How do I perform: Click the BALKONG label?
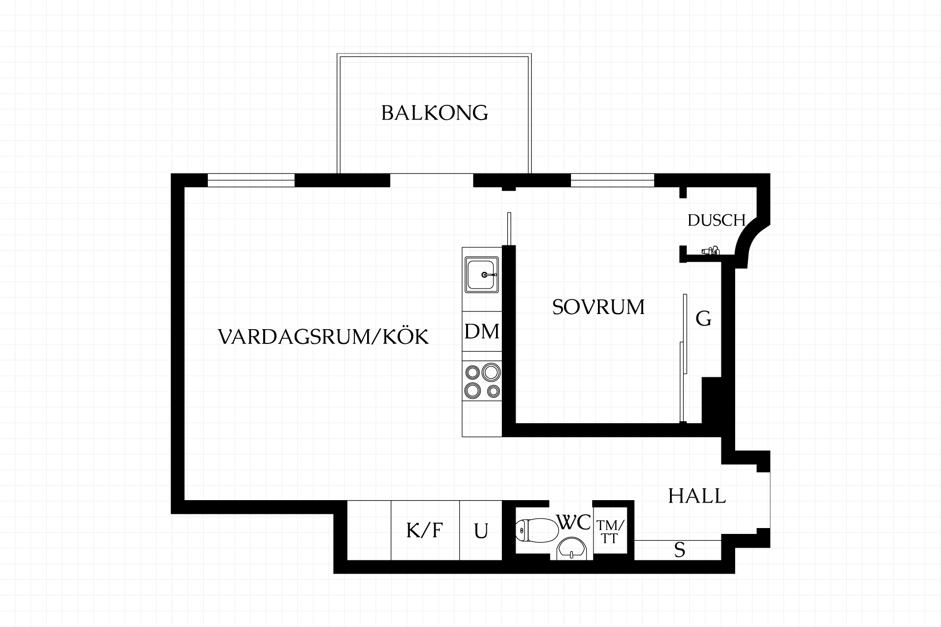click(x=435, y=113)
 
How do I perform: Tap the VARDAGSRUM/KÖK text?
click(x=323, y=337)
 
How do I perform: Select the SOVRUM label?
click(x=598, y=307)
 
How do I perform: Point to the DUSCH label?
click(x=717, y=220)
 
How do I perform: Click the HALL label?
click(x=697, y=496)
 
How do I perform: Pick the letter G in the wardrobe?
click(x=704, y=319)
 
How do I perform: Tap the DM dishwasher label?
click(x=482, y=332)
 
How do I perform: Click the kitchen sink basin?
click(x=482, y=275)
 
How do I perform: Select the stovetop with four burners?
click(x=482, y=381)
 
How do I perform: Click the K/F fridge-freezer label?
click(x=424, y=531)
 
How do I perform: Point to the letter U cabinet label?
click(x=481, y=531)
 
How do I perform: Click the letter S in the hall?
click(x=679, y=551)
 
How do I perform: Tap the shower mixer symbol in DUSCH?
click(x=710, y=251)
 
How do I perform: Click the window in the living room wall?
click(x=251, y=180)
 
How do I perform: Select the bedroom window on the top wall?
click(x=613, y=180)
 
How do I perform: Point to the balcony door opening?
click(x=432, y=180)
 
